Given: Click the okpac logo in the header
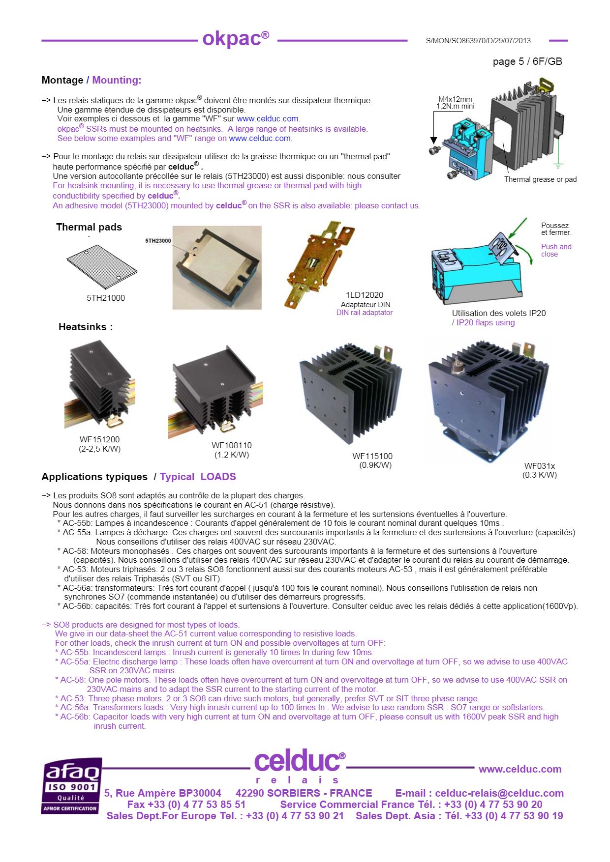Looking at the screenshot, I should point(236,38).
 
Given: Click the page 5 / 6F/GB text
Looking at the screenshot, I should point(527,61).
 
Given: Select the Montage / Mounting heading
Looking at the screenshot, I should point(91,80).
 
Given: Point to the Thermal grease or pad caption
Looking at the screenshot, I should point(540,179).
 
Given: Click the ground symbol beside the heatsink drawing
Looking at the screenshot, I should point(558,165).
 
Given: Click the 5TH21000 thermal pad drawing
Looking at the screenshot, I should point(102,267).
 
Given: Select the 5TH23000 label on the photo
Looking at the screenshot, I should point(158,241).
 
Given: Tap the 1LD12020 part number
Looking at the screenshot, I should point(364,295).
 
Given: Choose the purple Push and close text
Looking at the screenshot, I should point(556,250).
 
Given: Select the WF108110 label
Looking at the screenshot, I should point(231,445).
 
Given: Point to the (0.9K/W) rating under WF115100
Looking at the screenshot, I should point(375,465).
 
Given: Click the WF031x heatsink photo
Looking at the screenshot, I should point(487,401).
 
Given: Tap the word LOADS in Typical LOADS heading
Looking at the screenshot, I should point(218,477).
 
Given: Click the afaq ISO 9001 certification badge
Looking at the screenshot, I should point(72,785).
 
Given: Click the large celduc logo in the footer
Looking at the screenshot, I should point(297,762).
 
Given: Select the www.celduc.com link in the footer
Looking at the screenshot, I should point(519,769).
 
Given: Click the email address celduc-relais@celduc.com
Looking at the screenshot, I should point(499,793).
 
